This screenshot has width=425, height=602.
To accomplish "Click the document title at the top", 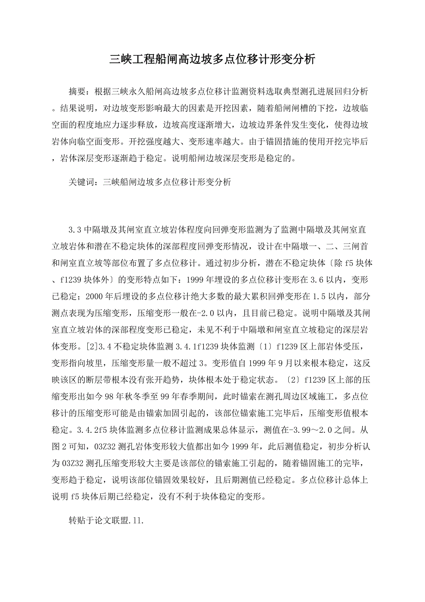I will [212, 59].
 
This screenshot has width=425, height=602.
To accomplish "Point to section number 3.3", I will [75, 230].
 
